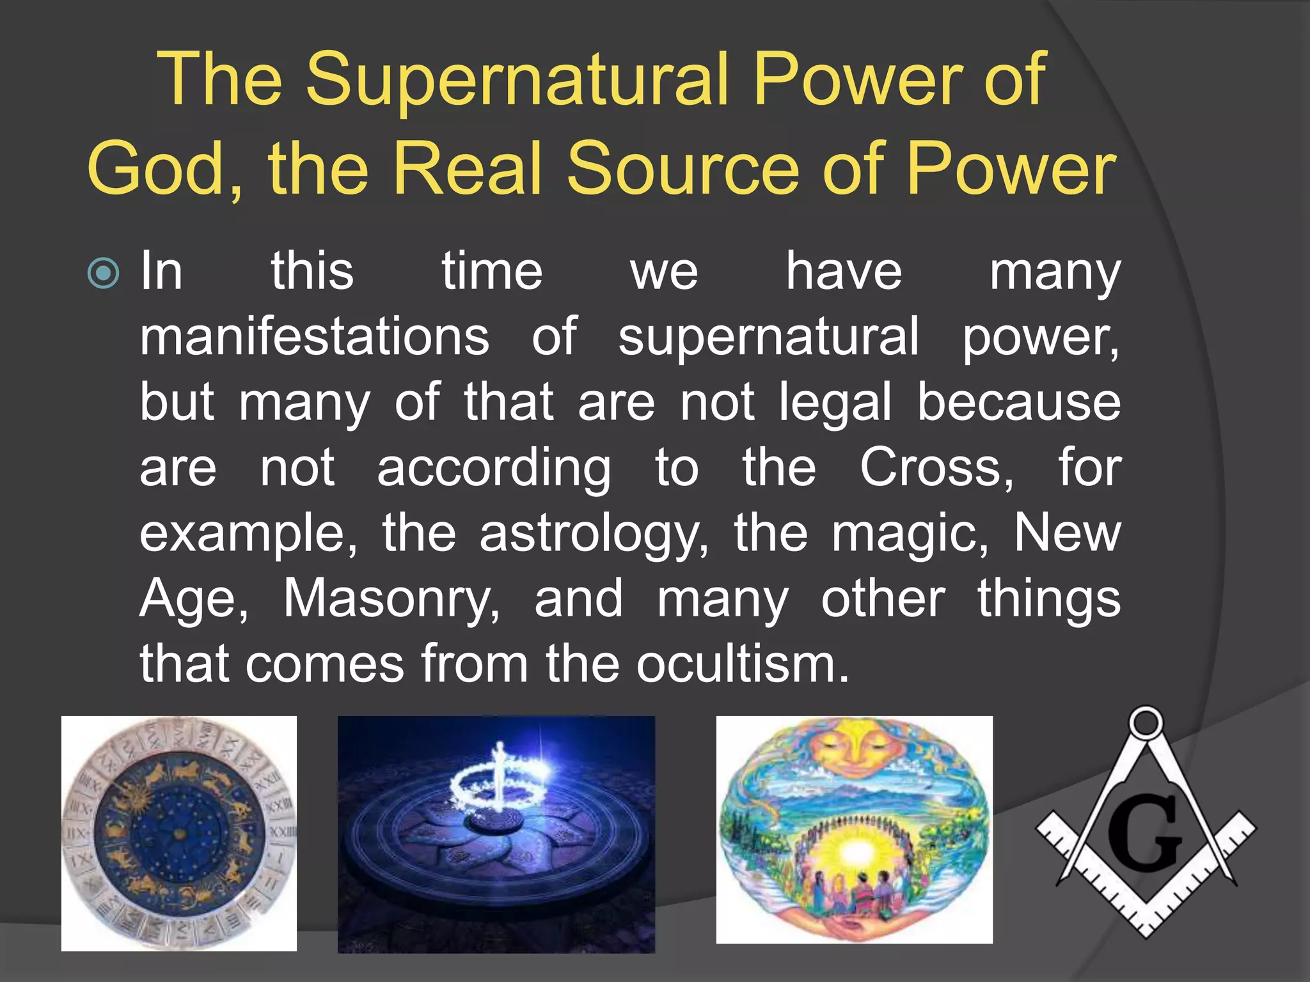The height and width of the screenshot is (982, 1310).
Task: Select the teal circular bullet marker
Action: point(103,274)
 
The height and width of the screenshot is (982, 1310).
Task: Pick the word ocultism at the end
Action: point(742,665)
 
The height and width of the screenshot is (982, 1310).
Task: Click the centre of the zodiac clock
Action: point(180,833)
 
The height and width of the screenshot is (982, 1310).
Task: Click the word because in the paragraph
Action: point(1018,403)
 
